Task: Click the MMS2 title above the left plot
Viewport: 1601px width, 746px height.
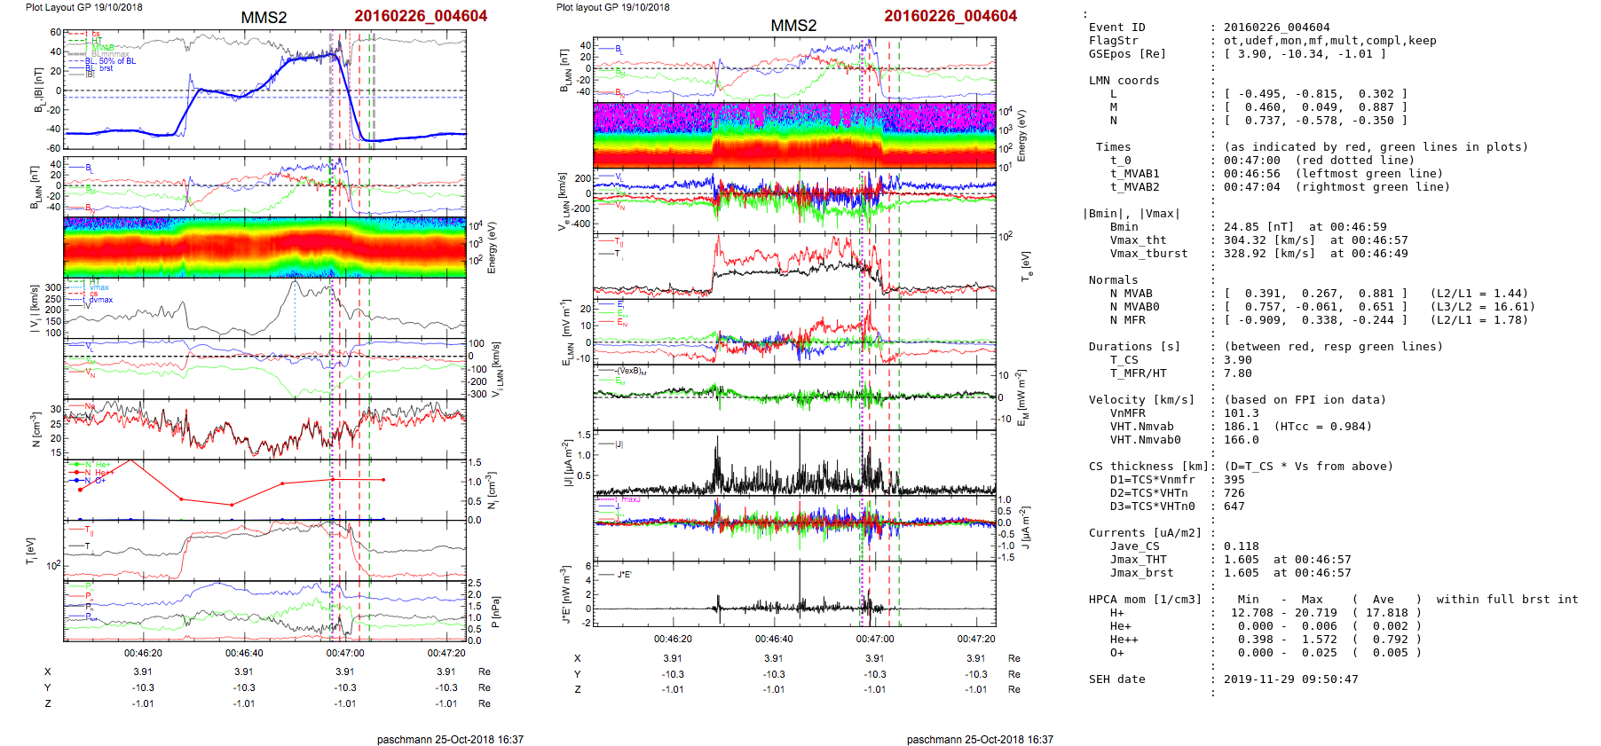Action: coord(264,18)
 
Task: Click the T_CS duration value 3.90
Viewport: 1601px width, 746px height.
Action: coord(1237,360)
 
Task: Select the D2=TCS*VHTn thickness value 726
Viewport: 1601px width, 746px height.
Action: coord(1234,493)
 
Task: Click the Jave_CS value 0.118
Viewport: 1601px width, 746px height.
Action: coord(1241,546)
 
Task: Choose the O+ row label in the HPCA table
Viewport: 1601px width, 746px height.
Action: coord(1116,653)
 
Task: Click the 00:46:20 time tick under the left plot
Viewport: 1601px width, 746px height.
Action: coord(143,654)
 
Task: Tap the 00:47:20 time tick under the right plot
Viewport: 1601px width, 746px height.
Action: coord(975,639)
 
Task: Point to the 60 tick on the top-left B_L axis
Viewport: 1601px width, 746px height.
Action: coord(55,33)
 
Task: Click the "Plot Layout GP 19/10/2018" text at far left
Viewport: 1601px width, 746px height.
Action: coord(83,7)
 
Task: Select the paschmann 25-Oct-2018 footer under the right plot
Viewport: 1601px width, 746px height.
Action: coord(980,739)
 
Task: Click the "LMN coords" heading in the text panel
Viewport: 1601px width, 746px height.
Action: coord(1124,81)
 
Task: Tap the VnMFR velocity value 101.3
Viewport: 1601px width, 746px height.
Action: coord(1241,413)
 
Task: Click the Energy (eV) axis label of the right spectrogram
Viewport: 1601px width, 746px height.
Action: coord(1021,136)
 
